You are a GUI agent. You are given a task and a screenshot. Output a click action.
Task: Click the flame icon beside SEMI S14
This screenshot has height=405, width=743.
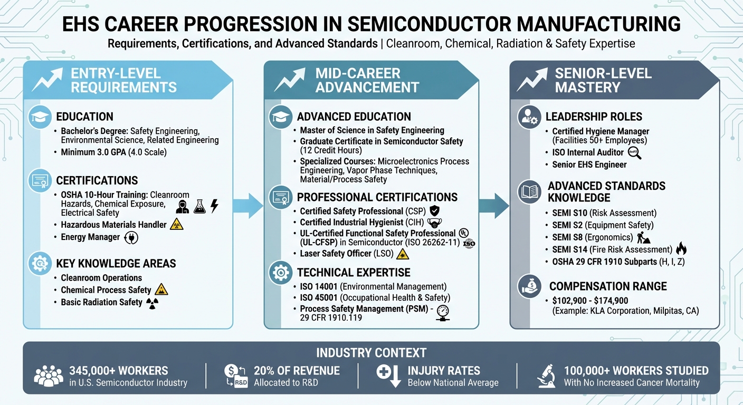point(681,249)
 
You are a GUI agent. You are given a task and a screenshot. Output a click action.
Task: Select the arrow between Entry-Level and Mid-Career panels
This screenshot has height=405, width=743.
point(247,205)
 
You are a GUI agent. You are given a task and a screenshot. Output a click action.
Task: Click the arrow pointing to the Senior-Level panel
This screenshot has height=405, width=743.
point(494,205)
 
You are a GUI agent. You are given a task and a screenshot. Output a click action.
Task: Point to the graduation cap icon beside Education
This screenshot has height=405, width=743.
point(41,117)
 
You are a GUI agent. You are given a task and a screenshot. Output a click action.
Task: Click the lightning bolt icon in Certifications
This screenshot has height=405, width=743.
point(214,206)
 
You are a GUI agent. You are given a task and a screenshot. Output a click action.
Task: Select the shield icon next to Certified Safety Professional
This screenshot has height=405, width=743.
point(435,211)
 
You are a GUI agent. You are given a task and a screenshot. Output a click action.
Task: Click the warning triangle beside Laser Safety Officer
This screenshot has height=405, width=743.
point(403,254)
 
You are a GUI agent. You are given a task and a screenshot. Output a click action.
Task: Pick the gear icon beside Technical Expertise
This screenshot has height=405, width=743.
point(280,273)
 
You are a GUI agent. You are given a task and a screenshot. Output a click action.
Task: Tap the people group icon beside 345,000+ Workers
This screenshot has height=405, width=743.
point(48,376)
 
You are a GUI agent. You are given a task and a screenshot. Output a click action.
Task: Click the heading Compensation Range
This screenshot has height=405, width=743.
point(608,286)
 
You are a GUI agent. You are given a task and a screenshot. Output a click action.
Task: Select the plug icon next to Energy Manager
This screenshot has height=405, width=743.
point(130,238)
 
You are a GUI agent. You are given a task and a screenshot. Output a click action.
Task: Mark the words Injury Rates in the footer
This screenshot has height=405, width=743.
point(444,370)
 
